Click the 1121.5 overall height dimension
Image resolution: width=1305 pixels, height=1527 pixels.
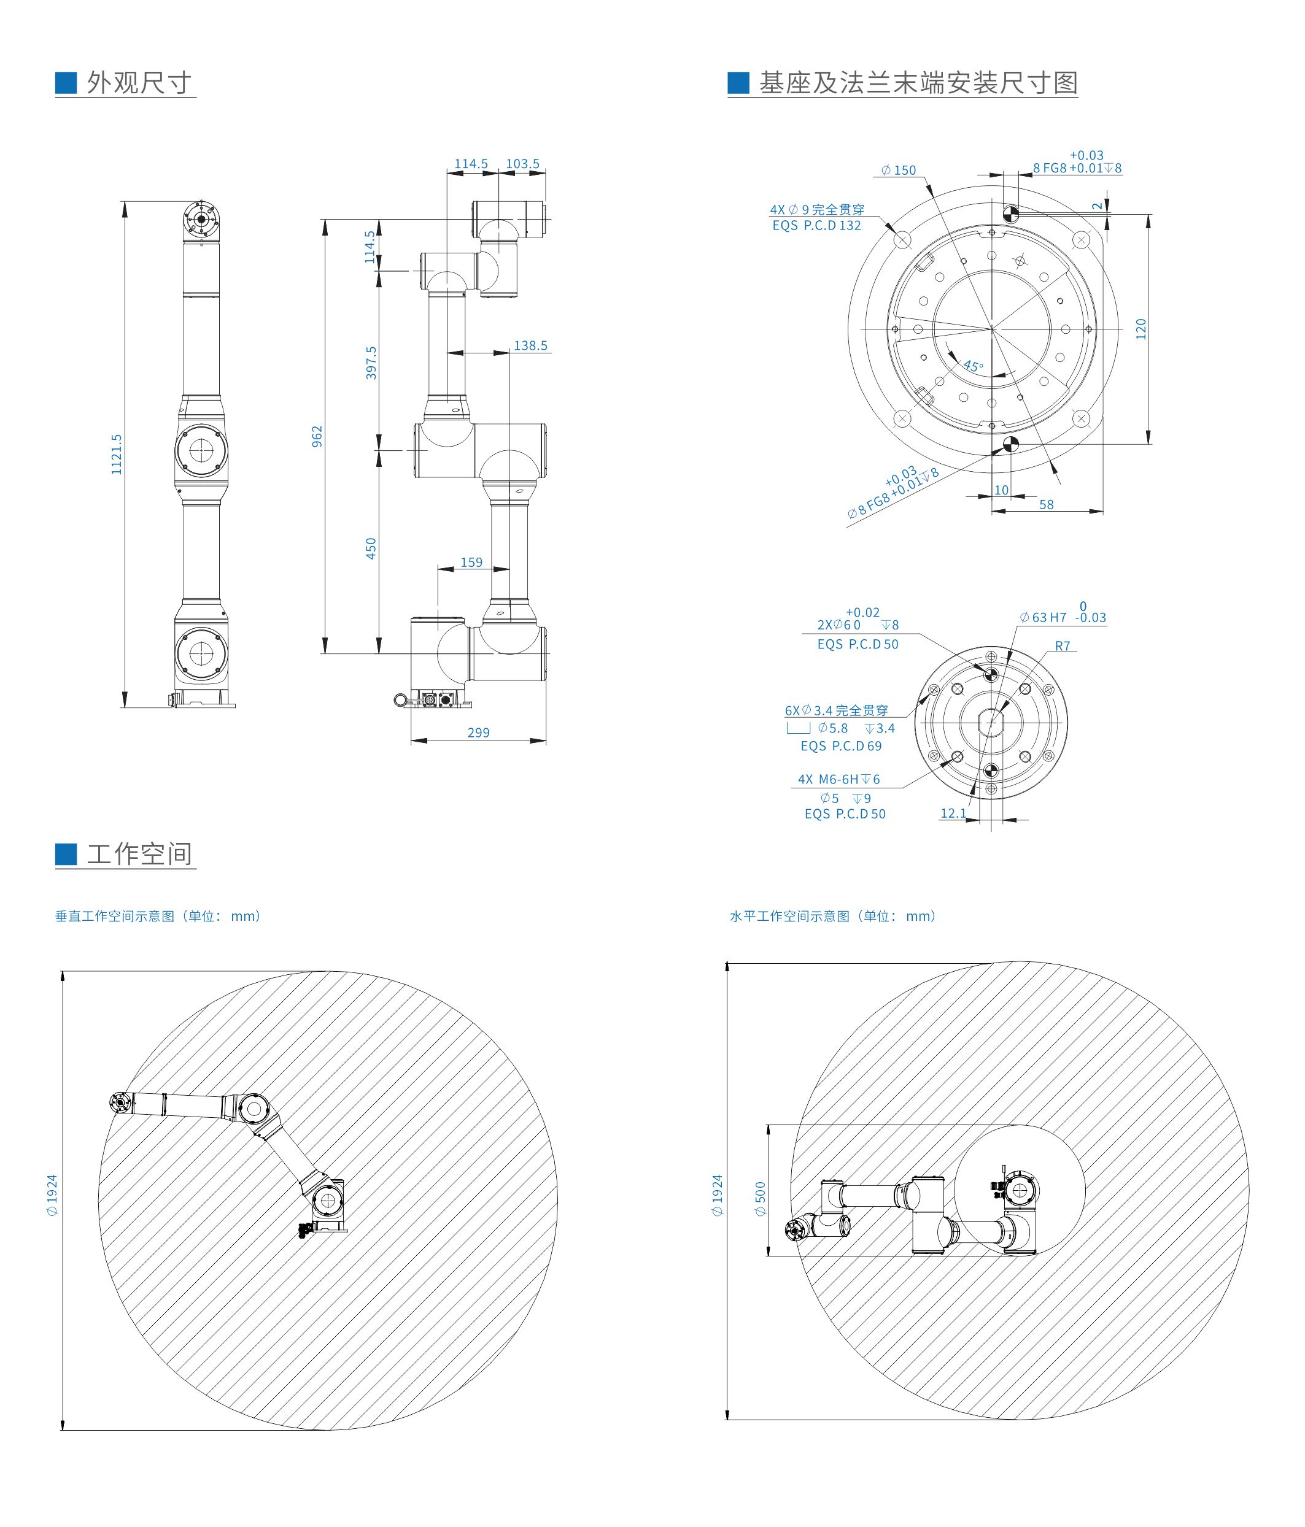(x=117, y=454)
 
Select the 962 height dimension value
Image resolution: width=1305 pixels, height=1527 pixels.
(x=317, y=436)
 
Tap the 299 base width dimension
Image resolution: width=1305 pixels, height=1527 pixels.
(x=479, y=733)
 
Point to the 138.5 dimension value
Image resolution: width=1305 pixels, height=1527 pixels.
(x=531, y=345)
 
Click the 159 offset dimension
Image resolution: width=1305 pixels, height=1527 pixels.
(x=472, y=563)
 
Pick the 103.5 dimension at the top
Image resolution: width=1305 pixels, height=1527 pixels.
(x=523, y=164)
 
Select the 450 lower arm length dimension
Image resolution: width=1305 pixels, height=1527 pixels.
(x=371, y=548)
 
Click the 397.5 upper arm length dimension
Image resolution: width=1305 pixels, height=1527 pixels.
(x=371, y=363)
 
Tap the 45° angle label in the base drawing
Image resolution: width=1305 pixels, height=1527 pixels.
(x=972, y=366)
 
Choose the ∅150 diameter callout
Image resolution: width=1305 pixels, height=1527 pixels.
(x=898, y=170)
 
